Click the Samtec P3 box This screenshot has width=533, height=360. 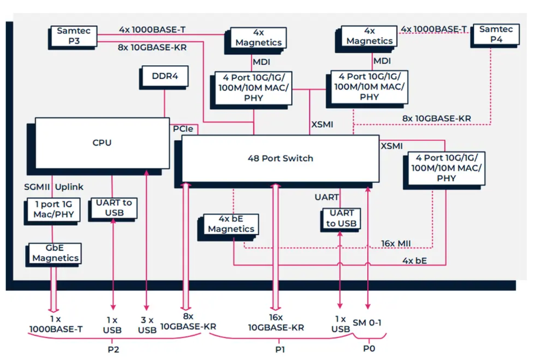coord(73,36)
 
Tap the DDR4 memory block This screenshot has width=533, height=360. coord(164,76)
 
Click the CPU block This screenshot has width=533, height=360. coord(102,142)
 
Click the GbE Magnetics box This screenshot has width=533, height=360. coord(56,253)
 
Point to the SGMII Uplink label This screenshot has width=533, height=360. coord(54,187)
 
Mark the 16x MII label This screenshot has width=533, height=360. coord(396,243)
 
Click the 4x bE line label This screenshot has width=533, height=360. coord(415,261)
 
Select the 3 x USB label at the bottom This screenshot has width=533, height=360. coord(147,325)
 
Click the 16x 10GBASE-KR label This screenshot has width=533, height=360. coord(276,323)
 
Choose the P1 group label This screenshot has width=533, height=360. coord(280,349)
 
